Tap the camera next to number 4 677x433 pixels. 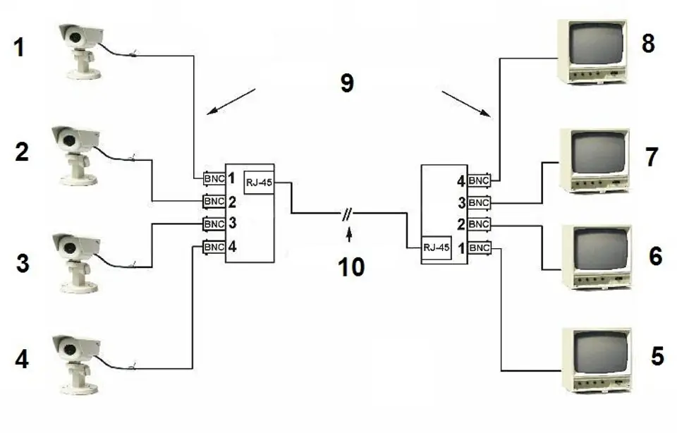tap(78, 365)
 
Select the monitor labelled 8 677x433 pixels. tap(592, 51)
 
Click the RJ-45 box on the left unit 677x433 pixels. tap(259, 183)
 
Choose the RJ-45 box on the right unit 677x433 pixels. tap(437, 248)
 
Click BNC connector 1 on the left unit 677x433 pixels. tap(214, 178)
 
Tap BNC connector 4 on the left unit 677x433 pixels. tap(214, 247)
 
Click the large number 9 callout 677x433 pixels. tap(347, 83)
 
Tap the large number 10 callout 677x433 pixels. tap(351, 267)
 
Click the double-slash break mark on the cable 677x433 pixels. tap(347, 214)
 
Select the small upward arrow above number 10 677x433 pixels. tap(349, 236)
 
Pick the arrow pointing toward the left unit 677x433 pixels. tap(231, 102)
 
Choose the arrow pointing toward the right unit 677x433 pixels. tap(466, 104)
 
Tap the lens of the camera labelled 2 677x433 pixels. tap(69, 140)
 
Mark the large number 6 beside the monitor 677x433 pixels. tap(655, 257)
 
